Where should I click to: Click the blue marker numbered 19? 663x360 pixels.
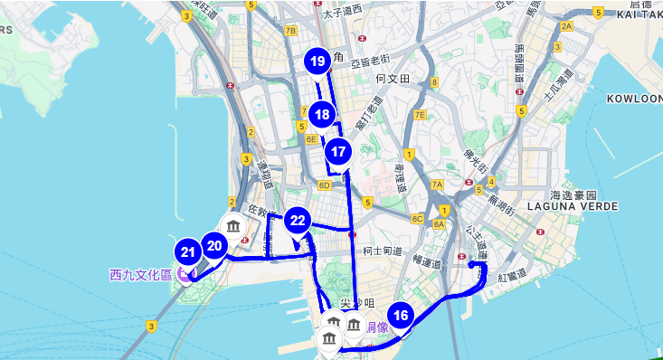tap(317, 62)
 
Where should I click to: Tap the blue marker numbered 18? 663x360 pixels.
tap(322, 114)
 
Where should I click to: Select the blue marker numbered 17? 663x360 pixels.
tap(338, 151)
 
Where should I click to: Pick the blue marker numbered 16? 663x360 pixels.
tap(403, 315)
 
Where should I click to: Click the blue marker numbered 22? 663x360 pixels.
tap(298, 220)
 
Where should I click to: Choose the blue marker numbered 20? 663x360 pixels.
tap(214, 245)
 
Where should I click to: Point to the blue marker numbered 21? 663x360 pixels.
tap(188, 253)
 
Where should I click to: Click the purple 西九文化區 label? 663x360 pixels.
tap(140, 274)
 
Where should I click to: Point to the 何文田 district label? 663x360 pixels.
tap(393, 80)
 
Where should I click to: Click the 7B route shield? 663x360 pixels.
tap(290, 30)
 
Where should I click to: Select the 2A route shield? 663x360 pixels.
tap(566, 26)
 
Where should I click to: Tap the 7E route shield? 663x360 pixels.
tap(419, 115)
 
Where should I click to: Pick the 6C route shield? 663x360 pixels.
tap(417, 218)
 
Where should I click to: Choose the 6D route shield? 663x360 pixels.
tap(324, 185)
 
